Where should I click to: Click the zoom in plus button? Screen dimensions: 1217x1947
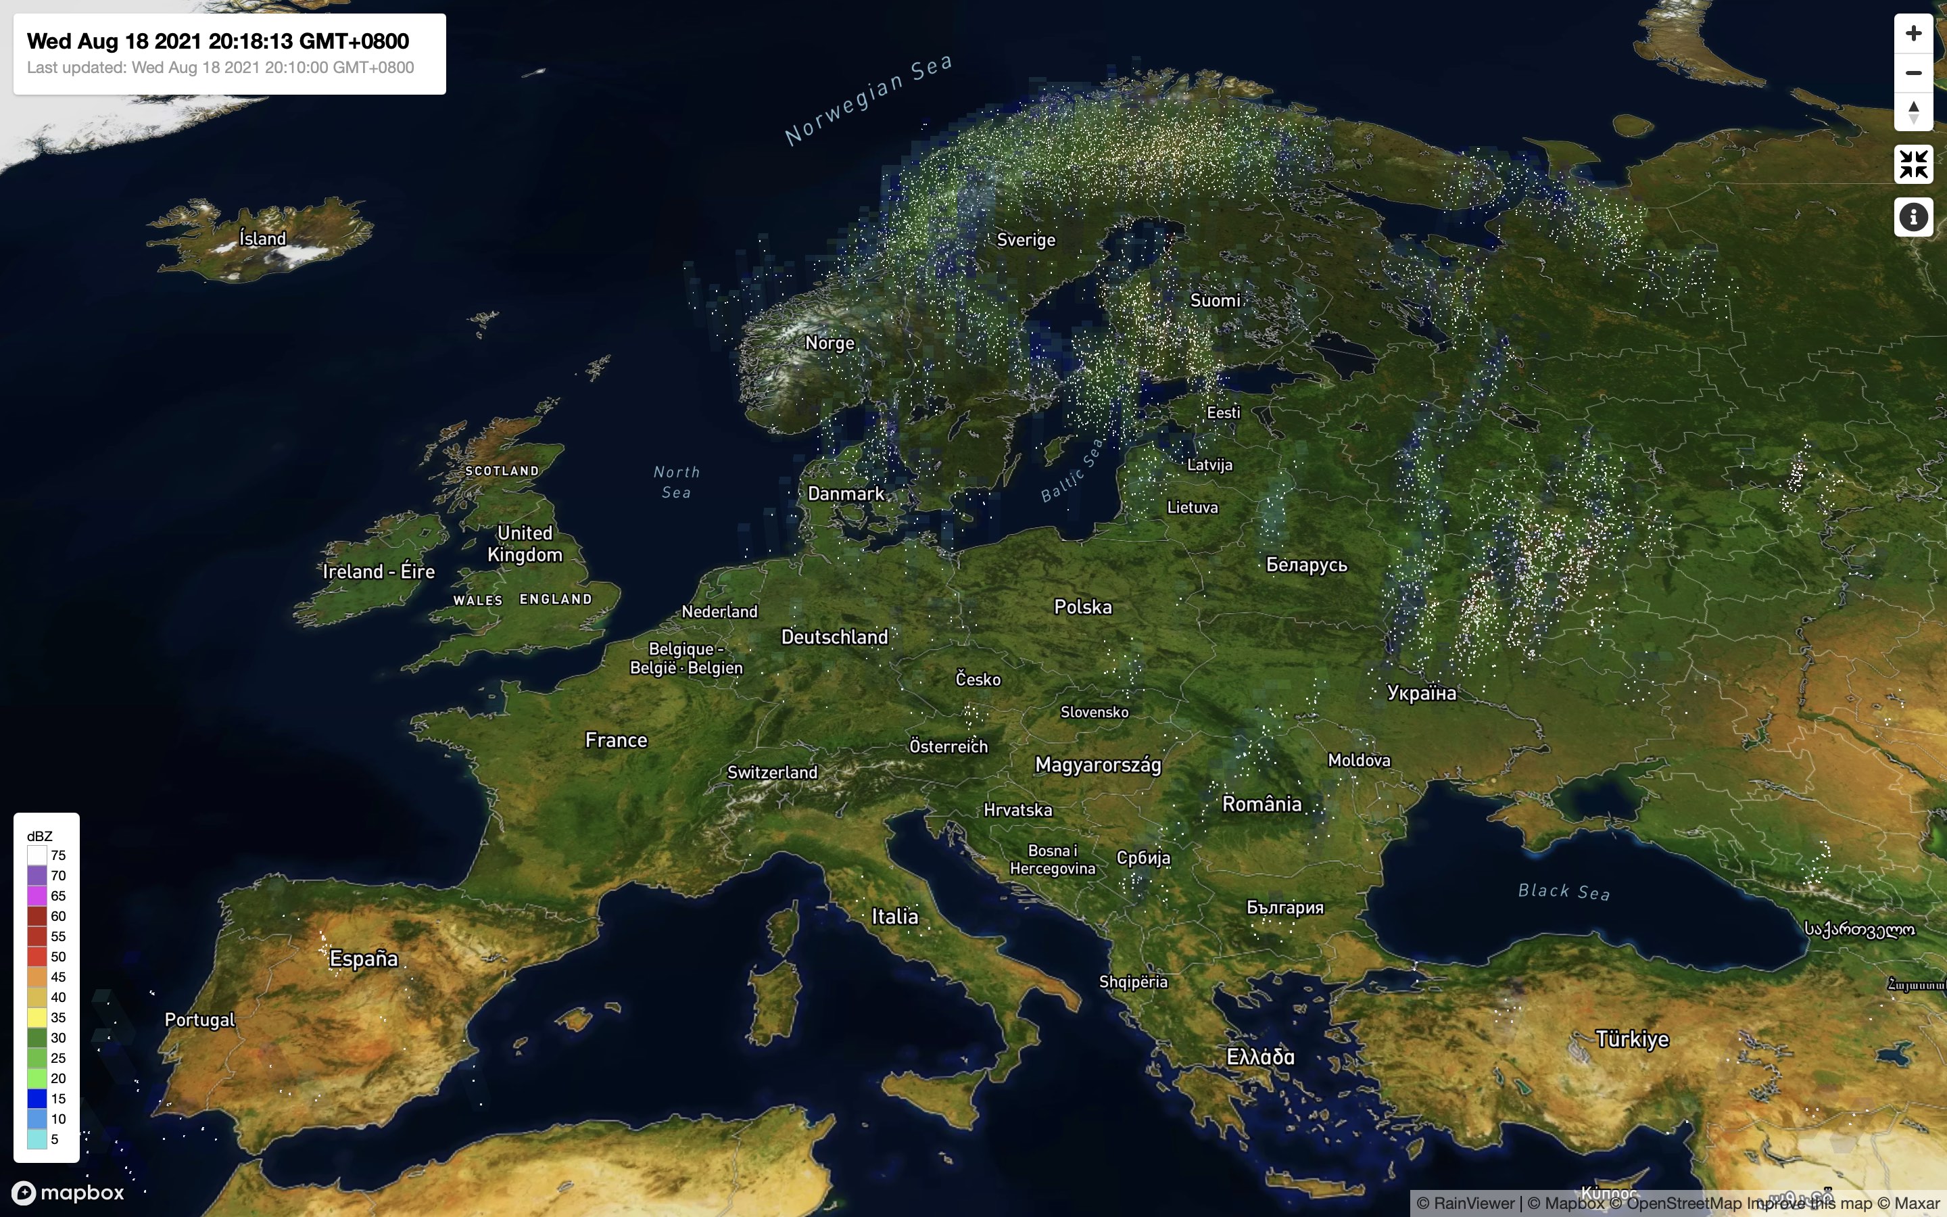[1913, 33]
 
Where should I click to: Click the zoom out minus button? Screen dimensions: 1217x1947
[1913, 72]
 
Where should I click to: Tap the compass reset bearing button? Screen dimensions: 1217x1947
[1913, 111]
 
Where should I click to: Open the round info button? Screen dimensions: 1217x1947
[1913, 216]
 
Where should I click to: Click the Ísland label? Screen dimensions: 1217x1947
[262, 238]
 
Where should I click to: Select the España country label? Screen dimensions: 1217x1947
[364, 959]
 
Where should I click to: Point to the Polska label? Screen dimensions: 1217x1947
[1083, 607]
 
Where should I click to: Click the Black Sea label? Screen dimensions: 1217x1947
[1563, 891]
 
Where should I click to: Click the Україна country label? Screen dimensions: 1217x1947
[1422, 693]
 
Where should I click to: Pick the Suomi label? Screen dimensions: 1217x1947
[1215, 300]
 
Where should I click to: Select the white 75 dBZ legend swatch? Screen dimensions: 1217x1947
[37, 855]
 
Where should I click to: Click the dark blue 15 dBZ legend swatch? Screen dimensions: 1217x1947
[37, 1099]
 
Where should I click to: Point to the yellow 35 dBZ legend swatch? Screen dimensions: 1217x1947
[37, 1018]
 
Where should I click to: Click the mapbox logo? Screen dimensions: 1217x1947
[68, 1192]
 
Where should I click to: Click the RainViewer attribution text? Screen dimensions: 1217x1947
[1466, 1203]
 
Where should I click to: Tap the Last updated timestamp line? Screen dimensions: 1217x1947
[220, 68]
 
